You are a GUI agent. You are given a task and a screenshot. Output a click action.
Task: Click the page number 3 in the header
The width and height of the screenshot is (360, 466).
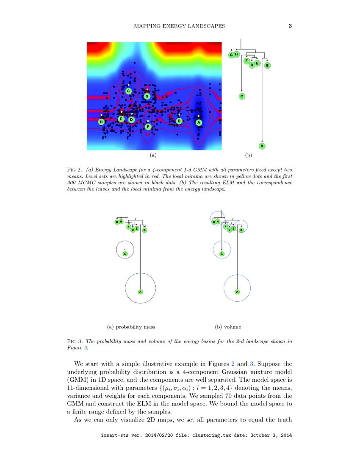click(x=290, y=26)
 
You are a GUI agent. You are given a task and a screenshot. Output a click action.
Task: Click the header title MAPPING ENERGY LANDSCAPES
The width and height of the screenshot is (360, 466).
click(x=179, y=26)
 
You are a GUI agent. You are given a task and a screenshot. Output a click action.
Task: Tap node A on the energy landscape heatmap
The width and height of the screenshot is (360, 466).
click(x=198, y=122)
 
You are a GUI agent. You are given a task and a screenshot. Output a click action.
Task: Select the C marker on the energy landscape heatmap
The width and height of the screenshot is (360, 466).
click(x=128, y=91)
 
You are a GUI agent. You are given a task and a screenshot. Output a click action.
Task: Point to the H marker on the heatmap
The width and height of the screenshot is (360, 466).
click(x=101, y=122)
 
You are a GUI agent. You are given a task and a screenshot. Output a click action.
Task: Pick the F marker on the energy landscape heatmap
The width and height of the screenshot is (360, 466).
click(x=148, y=127)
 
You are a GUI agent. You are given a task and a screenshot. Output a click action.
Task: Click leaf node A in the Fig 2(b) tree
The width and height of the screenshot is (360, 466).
click(x=262, y=146)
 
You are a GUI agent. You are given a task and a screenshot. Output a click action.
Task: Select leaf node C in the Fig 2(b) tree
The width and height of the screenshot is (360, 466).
click(x=241, y=96)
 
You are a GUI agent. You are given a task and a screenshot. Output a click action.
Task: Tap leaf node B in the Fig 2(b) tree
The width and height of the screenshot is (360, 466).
click(x=267, y=65)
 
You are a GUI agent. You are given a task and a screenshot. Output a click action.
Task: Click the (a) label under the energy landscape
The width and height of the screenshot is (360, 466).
click(x=153, y=155)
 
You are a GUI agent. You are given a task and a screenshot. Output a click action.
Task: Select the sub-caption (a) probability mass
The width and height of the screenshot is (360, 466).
click(x=128, y=327)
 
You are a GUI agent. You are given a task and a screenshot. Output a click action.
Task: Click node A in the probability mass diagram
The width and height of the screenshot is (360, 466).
click(x=140, y=291)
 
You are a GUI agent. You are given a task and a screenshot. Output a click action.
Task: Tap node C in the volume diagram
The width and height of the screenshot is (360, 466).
click(x=222, y=254)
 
